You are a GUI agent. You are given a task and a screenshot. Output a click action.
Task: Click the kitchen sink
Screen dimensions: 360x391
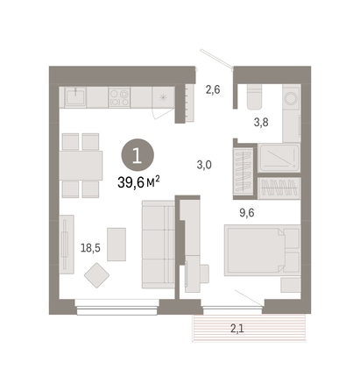tap(75, 97)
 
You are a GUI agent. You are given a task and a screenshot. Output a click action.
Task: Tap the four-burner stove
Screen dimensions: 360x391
tap(119, 97)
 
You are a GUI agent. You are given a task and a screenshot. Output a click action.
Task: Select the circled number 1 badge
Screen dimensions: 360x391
tap(138, 155)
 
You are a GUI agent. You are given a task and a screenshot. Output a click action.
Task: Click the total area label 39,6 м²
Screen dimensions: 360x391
tap(138, 182)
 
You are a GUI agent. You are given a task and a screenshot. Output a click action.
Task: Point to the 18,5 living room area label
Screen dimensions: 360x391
tap(90, 248)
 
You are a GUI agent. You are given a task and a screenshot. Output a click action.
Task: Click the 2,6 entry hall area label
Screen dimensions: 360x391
tap(213, 89)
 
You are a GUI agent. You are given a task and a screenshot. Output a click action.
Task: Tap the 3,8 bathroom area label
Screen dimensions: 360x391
tap(261, 122)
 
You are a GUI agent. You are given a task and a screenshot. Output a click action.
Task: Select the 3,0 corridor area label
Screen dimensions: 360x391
tap(204, 165)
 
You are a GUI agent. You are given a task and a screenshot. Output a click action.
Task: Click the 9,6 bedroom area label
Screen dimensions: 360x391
tap(247, 213)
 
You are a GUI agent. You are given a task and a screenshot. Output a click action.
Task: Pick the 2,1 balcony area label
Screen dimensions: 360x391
tap(237, 329)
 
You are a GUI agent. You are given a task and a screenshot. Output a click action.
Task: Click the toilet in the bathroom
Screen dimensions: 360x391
tap(254, 96)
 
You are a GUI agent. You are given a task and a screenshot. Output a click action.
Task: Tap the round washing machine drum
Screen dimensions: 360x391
tap(291, 98)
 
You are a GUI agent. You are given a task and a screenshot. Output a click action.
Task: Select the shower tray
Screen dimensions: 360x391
tap(279, 158)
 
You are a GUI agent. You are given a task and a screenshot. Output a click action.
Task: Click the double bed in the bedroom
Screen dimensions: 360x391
tap(262, 250)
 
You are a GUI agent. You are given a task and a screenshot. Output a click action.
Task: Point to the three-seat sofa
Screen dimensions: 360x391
tap(159, 245)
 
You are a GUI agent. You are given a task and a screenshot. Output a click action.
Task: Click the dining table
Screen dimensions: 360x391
tap(81, 166)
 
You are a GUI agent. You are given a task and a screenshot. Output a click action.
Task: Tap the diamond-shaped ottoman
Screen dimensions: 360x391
tap(96, 275)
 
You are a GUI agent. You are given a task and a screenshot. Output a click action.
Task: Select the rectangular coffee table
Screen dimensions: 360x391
tap(116, 245)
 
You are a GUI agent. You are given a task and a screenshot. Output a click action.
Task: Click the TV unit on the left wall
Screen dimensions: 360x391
tap(67, 245)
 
